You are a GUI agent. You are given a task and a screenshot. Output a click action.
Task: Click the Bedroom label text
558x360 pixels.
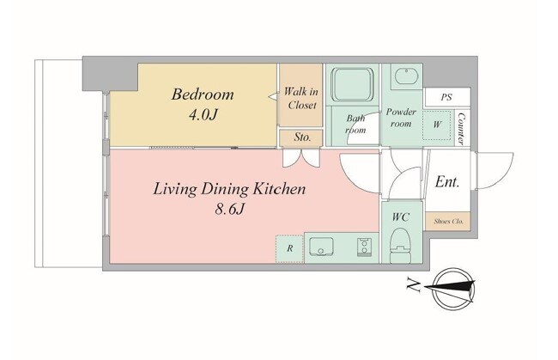click(203, 95)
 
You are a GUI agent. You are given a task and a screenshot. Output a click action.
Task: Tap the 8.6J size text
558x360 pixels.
click(229, 210)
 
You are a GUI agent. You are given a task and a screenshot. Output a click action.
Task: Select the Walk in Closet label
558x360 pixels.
click(301, 98)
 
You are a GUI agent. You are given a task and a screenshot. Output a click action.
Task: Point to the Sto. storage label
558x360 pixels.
click(302, 137)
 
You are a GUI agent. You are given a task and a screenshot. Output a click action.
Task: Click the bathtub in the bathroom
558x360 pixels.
click(352, 84)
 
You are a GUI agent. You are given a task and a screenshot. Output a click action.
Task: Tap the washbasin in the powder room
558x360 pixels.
click(406, 76)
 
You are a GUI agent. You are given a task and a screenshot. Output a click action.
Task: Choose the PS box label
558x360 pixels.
click(446, 97)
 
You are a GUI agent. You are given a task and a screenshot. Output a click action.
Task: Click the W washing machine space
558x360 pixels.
click(437, 125)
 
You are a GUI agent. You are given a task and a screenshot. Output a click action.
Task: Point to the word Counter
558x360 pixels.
click(461, 129)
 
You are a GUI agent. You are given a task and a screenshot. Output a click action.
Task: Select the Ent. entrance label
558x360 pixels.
click(447, 182)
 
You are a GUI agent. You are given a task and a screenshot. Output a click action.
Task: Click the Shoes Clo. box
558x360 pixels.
click(448, 221)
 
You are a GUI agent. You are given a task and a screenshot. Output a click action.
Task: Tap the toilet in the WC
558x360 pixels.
click(401, 245)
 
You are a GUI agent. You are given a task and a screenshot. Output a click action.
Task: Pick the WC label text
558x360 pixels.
click(401, 217)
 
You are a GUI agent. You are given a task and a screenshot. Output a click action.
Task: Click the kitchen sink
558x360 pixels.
click(321, 247)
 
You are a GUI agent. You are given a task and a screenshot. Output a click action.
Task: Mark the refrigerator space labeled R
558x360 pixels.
click(289, 248)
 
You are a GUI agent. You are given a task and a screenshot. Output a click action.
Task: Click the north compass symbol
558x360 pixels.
click(454, 289)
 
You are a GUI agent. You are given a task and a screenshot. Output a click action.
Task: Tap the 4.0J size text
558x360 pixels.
click(203, 115)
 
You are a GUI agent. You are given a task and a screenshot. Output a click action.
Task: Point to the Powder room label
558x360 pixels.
click(401, 118)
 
